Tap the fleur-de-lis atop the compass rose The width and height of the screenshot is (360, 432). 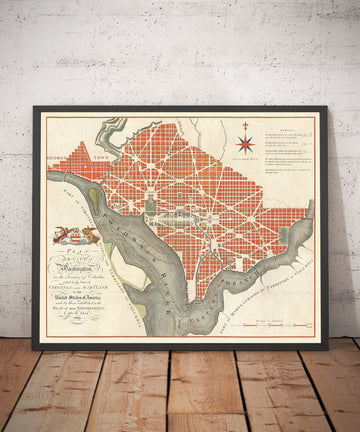tap(245, 123)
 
